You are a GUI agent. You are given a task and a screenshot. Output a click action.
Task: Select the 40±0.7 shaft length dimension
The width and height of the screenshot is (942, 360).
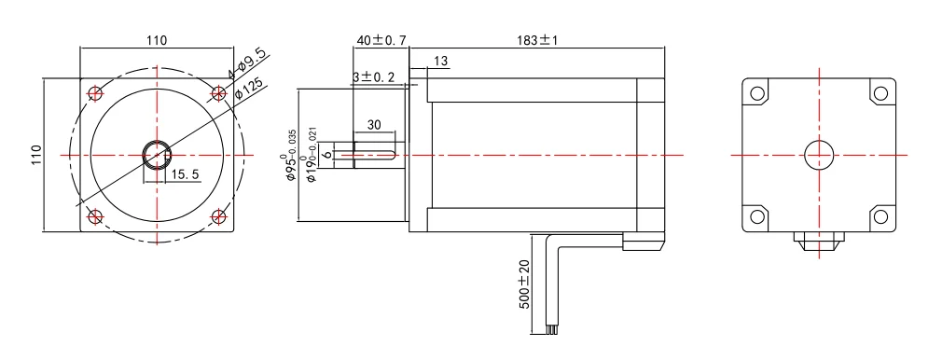pos(381,40)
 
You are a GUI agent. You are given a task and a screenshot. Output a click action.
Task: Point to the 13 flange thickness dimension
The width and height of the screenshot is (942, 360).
pos(441,61)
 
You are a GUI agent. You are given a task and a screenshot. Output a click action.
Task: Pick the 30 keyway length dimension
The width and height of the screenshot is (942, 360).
pos(374,125)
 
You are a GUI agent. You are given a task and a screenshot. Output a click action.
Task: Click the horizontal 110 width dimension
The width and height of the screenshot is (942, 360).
pos(156,40)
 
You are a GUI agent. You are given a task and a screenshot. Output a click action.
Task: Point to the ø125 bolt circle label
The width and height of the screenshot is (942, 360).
pos(250,90)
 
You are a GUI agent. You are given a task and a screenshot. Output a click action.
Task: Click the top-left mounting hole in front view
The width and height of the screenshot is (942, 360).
pos(94,92)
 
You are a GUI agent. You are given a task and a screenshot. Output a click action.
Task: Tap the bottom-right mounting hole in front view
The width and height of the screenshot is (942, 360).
pos(219,216)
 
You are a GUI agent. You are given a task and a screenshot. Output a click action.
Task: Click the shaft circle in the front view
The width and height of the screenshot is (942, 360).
pos(156,154)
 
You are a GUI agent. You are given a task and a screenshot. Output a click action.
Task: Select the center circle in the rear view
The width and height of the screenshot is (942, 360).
pos(819,154)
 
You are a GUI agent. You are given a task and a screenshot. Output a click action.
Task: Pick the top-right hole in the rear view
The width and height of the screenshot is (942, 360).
pos(880,92)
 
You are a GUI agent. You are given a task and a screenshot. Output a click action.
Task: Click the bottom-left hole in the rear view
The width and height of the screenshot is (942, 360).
pos(757,217)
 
